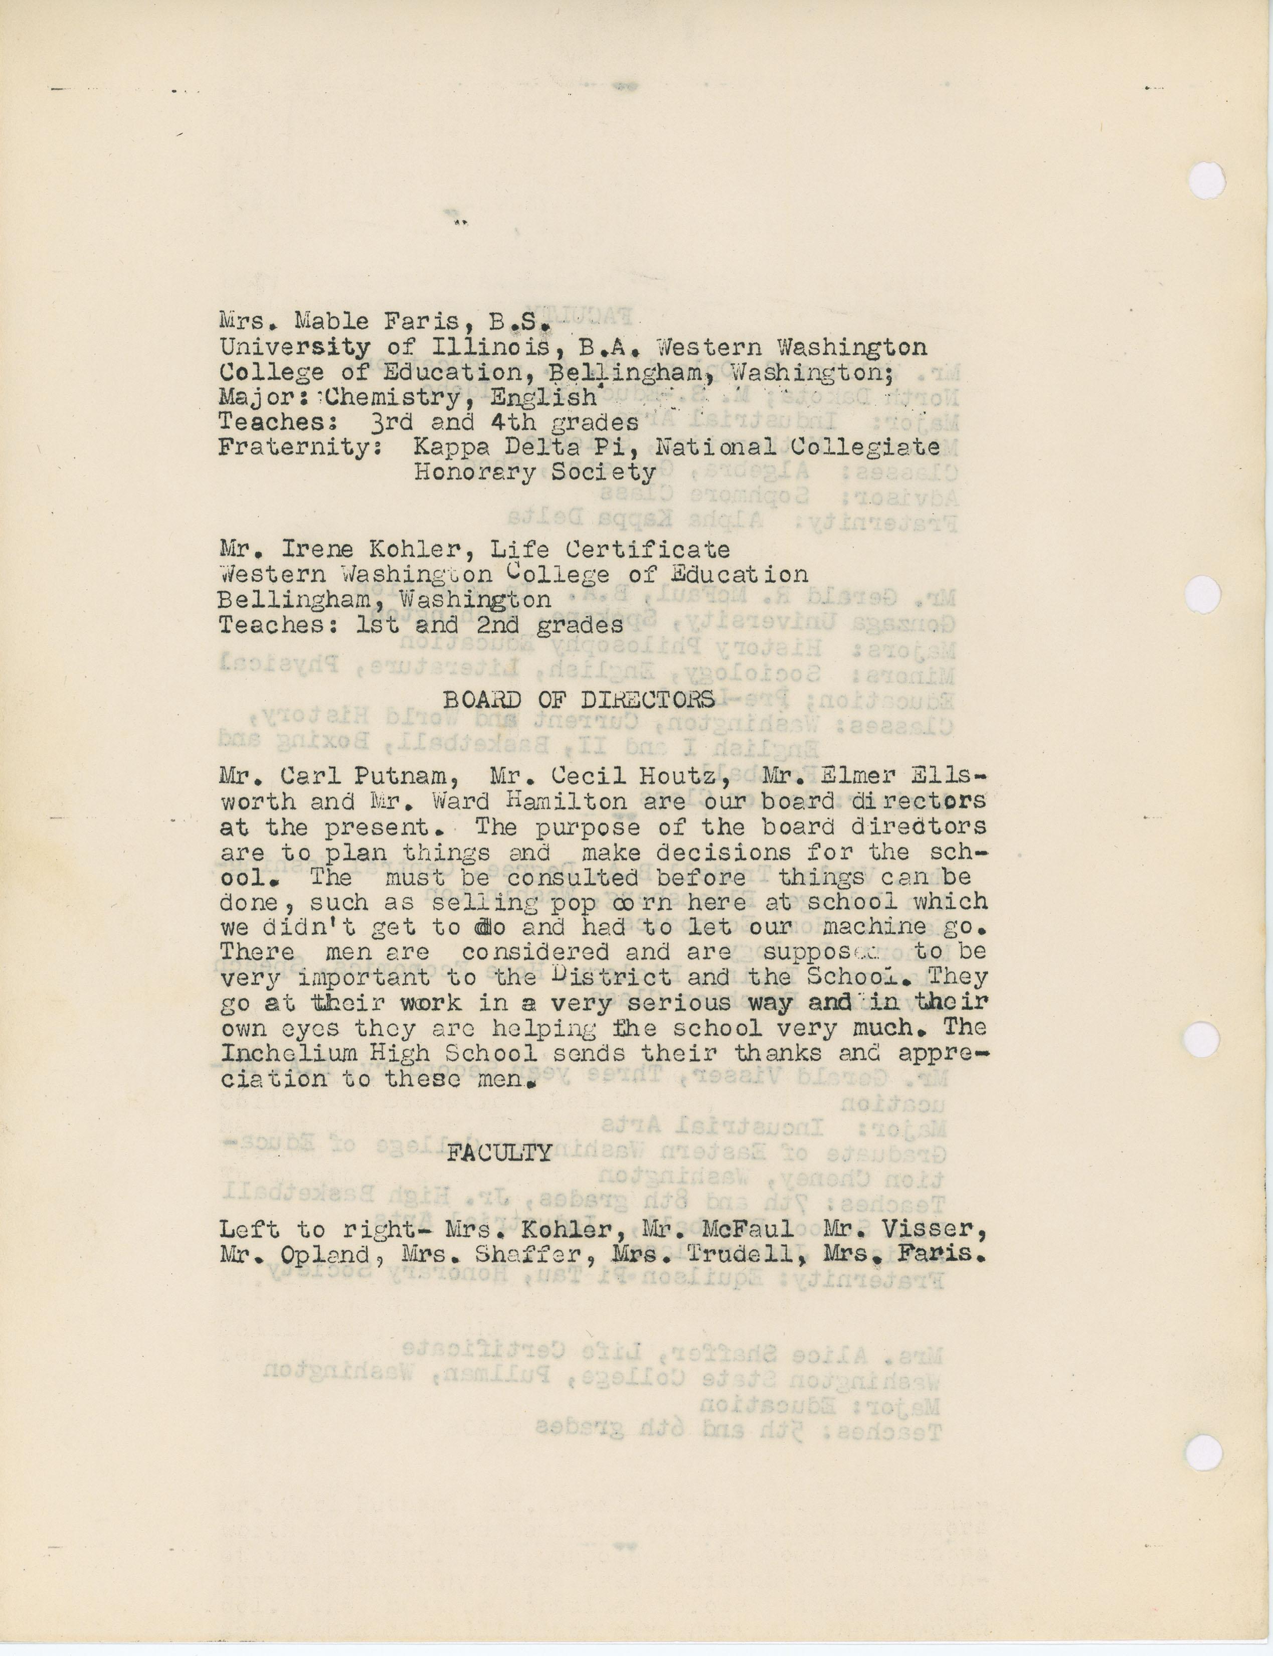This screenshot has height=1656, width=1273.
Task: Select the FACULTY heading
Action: coord(498,1153)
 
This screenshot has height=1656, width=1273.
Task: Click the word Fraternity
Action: coord(298,447)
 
